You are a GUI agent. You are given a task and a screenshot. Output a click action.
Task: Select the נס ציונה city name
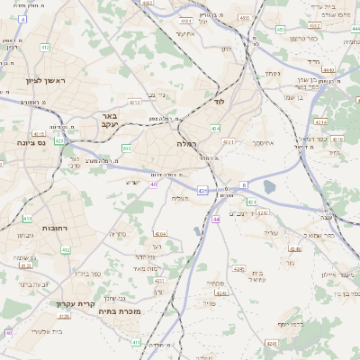31,142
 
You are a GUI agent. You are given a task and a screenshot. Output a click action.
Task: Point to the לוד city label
219,102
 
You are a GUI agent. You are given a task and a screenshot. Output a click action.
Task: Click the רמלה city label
186,143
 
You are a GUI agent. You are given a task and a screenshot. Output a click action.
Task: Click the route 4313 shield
134,103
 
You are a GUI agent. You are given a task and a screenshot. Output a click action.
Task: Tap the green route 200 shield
127,148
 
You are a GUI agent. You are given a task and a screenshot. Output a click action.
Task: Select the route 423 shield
59,140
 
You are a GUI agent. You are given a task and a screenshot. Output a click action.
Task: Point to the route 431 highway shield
202,191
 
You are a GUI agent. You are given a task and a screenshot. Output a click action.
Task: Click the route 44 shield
216,219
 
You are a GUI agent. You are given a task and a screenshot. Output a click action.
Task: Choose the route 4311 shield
229,141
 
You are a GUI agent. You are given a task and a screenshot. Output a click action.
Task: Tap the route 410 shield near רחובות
27,218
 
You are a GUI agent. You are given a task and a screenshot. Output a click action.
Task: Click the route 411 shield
137,342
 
